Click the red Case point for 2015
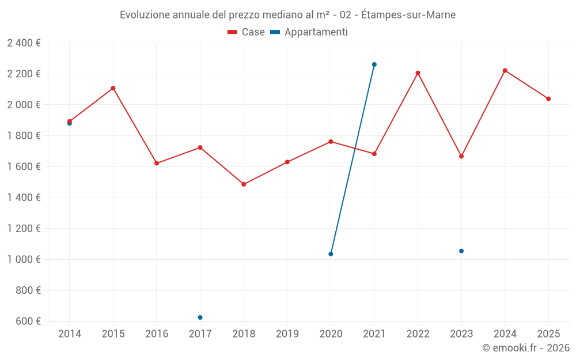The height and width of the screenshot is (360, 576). (x=113, y=88)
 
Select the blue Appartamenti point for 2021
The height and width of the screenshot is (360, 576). (x=374, y=65)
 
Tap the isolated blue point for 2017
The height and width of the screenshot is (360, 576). (x=200, y=317)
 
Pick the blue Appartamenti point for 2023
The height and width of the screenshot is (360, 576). (x=461, y=251)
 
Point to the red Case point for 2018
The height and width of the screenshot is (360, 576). (x=244, y=184)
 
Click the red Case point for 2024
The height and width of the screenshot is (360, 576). (x=505, y=70)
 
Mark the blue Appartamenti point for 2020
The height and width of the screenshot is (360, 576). (x=331, y=254)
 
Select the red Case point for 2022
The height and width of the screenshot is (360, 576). (x=418, y=73)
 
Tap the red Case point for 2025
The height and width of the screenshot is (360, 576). (x=548, y=98)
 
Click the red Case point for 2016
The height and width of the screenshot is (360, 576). (x=157, y=163)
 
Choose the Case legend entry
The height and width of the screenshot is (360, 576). (x=247, y=32)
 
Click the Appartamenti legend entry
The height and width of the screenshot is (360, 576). (x=309, y=32)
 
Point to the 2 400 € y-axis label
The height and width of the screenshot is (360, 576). (x=24, y=43)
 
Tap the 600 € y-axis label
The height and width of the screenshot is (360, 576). (x=28, y=321)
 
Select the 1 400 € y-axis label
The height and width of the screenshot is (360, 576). (x=24, y=198)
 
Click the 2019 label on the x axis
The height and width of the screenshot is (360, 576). (x=287, y=334)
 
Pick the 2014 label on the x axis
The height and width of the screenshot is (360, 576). (x=70, y=334)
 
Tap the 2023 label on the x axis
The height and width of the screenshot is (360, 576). (x=461, y=334)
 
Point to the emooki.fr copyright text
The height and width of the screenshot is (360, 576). (x=526, y=348)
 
